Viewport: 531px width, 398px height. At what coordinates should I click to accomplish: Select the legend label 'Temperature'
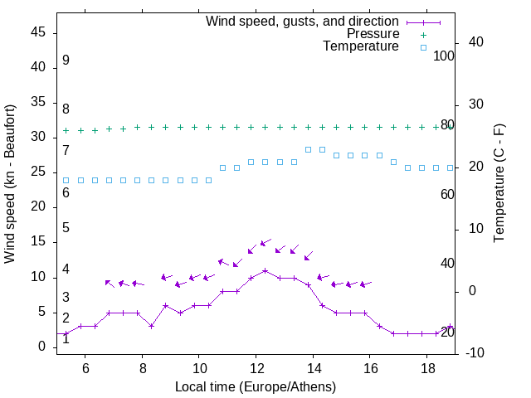(361, 47)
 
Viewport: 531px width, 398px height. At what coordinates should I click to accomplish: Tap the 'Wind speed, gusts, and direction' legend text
(302, 22)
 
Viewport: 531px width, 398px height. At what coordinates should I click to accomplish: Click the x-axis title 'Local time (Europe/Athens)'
(256, 386)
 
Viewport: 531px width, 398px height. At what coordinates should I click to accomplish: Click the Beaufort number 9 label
(66, 61)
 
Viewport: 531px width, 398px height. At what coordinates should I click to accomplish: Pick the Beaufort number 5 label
(66, 228)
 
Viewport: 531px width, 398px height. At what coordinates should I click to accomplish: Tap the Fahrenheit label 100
(444, 56)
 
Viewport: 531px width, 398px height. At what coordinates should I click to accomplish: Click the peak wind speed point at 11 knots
(265, 270)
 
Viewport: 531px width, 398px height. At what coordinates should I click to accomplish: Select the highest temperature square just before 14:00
(308, 149)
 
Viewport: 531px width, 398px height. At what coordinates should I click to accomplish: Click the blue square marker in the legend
(422, 47)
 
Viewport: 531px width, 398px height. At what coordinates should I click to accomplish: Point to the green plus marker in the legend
(422, 34)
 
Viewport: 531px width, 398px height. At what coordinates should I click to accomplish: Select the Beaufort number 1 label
(66, 338)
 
